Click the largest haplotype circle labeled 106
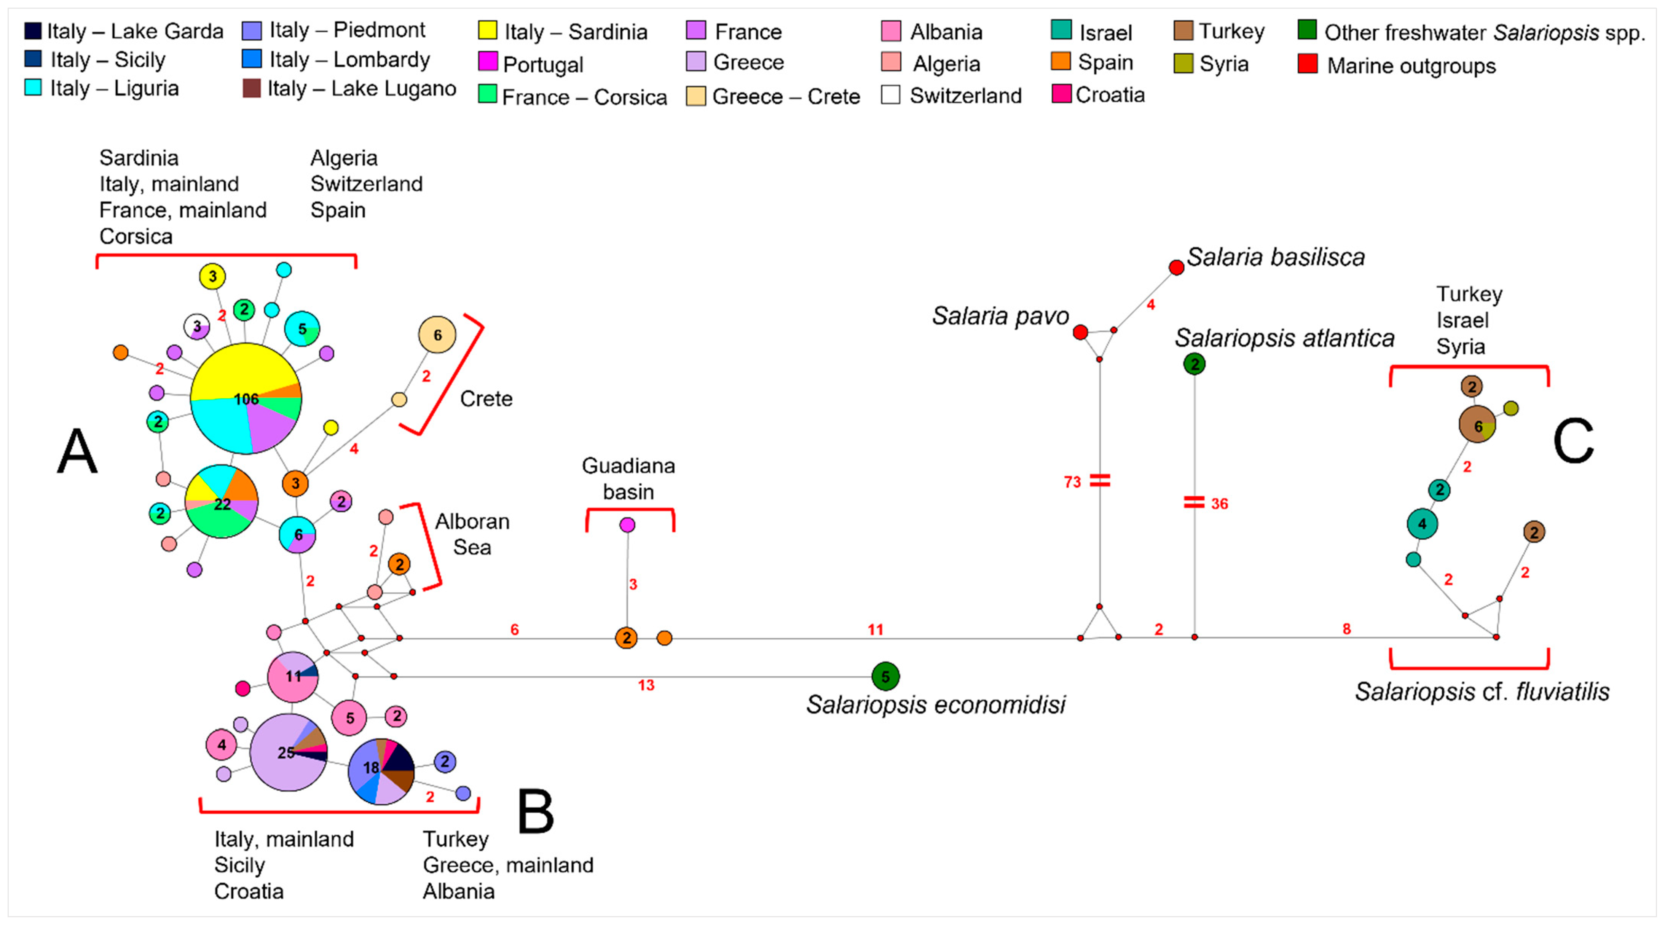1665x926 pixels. (x=246, y=399)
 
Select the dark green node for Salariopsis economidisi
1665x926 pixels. (x=885, y=677)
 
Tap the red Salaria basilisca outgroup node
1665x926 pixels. (x=1176, y=267)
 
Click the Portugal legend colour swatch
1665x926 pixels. (x=487, y=62)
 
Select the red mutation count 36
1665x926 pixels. (x=1219, y=504)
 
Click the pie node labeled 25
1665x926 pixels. (x=288, y=752)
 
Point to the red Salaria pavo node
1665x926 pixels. (x=1080, y=332)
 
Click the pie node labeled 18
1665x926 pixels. (x=381, y=771)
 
